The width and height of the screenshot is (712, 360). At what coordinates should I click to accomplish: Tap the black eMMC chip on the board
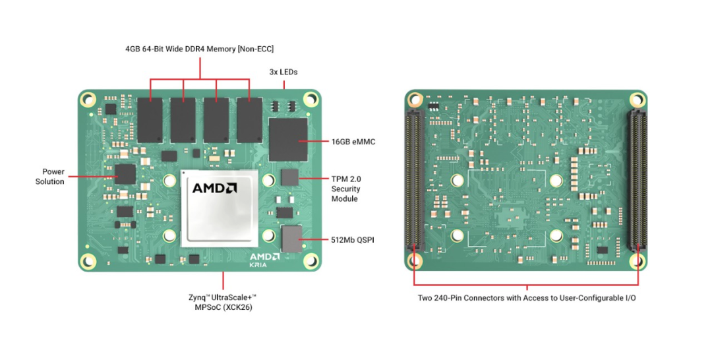[289, 139]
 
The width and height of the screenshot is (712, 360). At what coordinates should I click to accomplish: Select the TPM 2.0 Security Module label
[345, 189]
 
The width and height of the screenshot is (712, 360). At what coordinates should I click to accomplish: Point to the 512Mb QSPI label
[352, 240]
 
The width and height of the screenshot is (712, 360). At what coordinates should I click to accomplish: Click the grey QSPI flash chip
[290, 239]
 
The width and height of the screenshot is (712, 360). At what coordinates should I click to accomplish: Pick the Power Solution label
[49, 176]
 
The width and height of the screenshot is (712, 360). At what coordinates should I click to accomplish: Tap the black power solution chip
[125, 175]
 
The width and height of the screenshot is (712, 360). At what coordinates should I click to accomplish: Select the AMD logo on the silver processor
[214, 188]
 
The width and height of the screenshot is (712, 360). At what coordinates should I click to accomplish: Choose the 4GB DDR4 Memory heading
[199, 49]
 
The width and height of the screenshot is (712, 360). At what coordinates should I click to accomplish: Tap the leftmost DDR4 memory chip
[151, 119]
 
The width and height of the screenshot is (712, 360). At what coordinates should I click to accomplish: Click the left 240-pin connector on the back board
[414, 181]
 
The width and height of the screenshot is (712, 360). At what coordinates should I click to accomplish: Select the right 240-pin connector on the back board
[636, 181]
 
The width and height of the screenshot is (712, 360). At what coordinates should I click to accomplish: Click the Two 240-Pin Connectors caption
[527, 298]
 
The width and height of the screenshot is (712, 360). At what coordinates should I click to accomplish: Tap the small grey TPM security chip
[289, 177]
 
